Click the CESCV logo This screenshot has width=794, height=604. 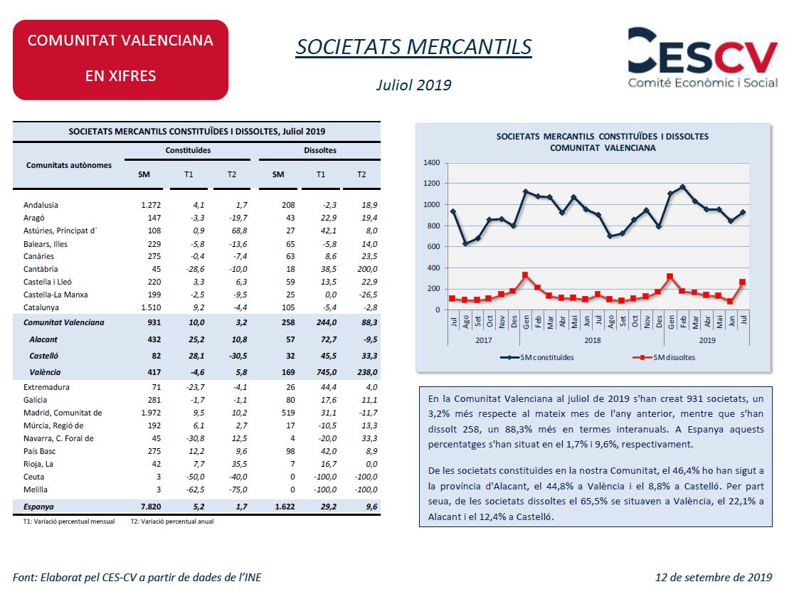(x=702, y=58)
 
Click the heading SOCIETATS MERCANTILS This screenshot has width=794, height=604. (x=413, y=47)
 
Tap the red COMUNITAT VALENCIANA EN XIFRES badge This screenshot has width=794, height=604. (x=120, y=60)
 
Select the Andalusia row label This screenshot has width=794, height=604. (x=41, y=205)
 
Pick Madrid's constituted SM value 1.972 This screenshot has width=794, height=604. (x=150, y=413)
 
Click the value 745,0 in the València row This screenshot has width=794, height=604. (x=326, y=372)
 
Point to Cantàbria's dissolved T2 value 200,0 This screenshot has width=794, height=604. (x=367, y=269)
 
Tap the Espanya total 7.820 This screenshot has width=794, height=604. (x=150, y=507)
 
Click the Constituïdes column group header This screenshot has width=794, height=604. (x=188, y=150)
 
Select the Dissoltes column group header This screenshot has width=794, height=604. (x=320, y=150)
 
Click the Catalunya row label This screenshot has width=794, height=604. (x=41, y=307)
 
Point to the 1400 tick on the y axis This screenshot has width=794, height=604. (x=431, y=162)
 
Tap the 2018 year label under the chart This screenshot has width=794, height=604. (x=593, y=340)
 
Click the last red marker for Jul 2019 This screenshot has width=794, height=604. (x=743, y=282)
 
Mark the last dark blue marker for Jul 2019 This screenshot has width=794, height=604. (x=743, y=213)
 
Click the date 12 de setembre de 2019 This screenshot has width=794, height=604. (x=714, y=577)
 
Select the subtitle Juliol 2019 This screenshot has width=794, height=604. (x=413, y=85)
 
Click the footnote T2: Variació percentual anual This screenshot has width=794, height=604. (x=172, y=521)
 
